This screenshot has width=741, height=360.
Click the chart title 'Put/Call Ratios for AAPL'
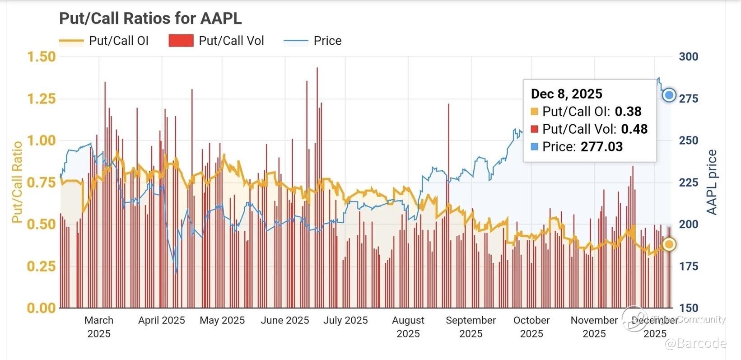point(150,19)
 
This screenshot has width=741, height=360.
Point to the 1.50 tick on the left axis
point(42,57)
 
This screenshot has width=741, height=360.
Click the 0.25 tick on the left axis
point(42,266)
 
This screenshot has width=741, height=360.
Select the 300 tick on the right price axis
point(688,57)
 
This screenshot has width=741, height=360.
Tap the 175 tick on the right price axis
point(688,266)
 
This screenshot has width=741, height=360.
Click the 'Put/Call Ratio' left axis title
point(17,182)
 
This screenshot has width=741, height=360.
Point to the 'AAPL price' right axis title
point(712,182)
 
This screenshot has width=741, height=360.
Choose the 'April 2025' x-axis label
point(161,320)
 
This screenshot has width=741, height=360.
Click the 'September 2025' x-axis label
point(471,327)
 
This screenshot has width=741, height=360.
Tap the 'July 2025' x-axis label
point(345,320)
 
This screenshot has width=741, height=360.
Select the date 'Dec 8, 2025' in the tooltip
point(566,94)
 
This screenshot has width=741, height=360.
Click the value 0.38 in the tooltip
point(628,112)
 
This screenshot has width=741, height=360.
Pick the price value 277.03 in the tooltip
point(601,147)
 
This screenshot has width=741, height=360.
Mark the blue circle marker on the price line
point(669,95)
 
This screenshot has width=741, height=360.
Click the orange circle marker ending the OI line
point(669,244)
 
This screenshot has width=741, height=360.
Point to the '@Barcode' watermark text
point(695,344)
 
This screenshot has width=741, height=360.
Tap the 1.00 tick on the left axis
point(42,140)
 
